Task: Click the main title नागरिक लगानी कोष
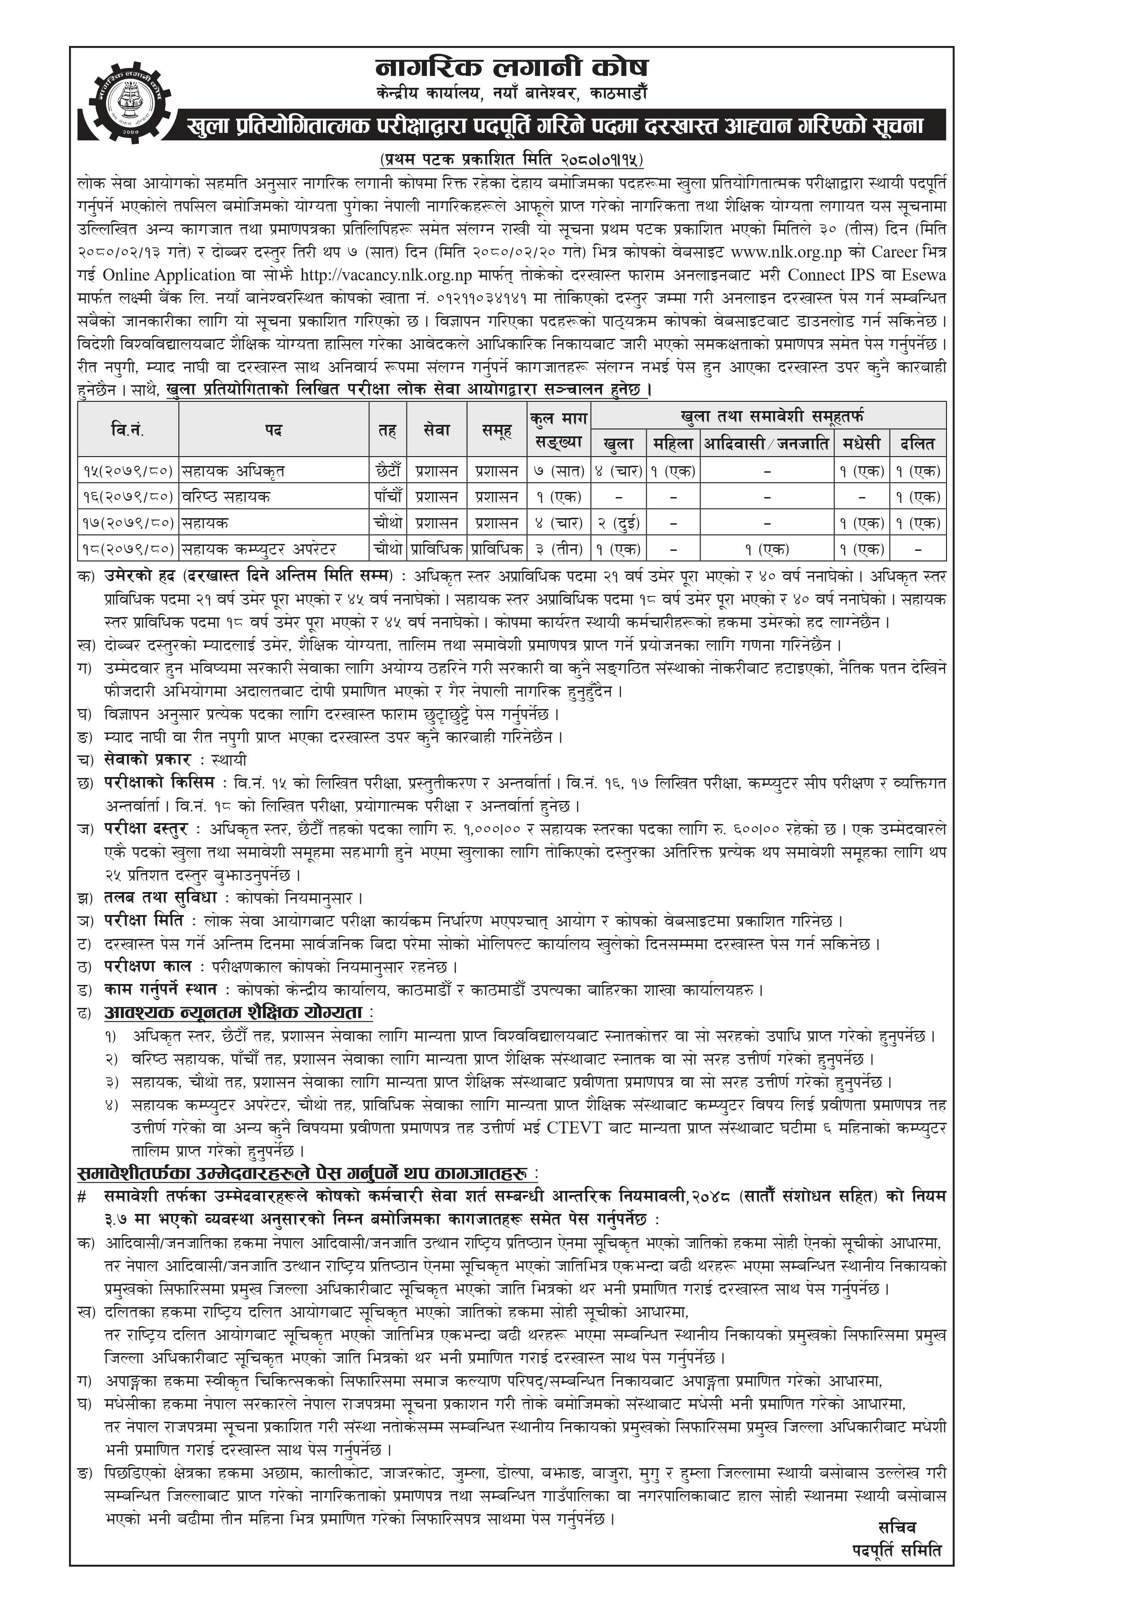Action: click(x=511, y=68)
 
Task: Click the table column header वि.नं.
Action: click(x=128, y=429)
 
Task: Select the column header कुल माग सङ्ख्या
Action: click(x=559, y=429)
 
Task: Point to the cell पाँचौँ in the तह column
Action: click(x=388, y=497)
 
